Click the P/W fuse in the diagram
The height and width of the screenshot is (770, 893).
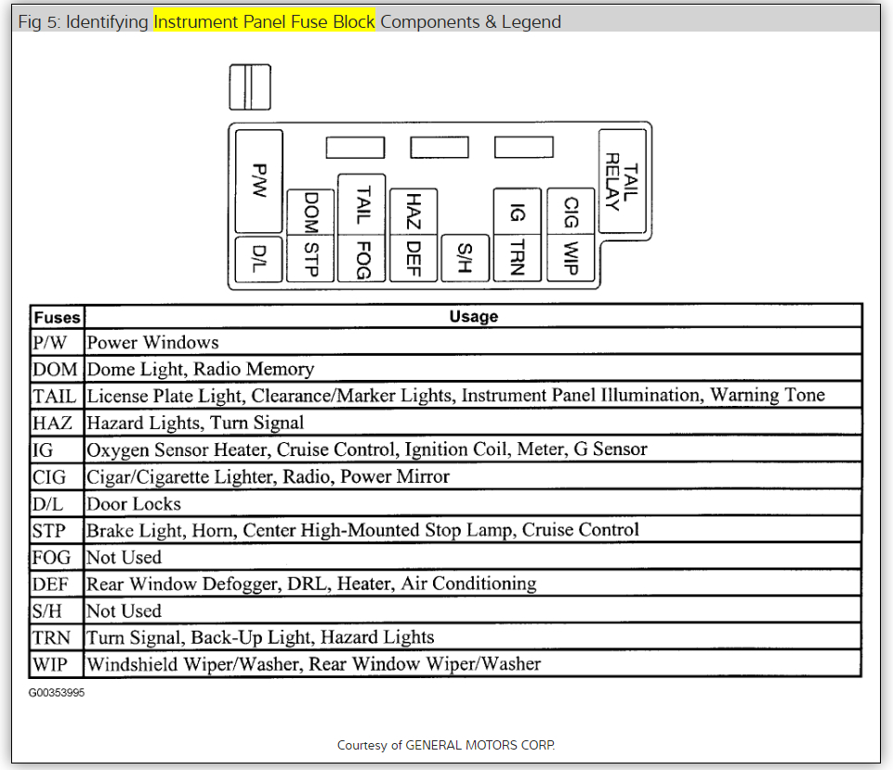pos(259,181)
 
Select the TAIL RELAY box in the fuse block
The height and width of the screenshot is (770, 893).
pos(622,182)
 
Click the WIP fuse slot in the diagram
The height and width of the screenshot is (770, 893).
pos(571,257)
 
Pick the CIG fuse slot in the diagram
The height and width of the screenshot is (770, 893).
pos(571,213)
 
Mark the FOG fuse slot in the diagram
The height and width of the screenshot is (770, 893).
pos(362,257)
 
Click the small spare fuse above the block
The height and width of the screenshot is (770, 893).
pos(250,86)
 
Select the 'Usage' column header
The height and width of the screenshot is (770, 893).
pos(473,317)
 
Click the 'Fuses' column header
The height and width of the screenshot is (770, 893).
pos(58,317)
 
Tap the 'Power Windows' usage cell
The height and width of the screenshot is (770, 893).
pos(153,343)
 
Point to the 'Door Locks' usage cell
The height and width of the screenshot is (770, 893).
pos(134,504)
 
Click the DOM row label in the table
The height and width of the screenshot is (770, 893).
pos(56,370)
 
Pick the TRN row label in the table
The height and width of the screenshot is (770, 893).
pos(52,638)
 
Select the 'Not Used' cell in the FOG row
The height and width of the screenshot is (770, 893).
pos(124,557)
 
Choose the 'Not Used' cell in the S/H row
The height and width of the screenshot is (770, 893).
pos(124,611)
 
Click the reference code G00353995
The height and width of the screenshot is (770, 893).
pos(56,693)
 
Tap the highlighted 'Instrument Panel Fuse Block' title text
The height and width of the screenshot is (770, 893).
pos(264,21)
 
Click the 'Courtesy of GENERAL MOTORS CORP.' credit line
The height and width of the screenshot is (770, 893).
pos(446,745)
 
